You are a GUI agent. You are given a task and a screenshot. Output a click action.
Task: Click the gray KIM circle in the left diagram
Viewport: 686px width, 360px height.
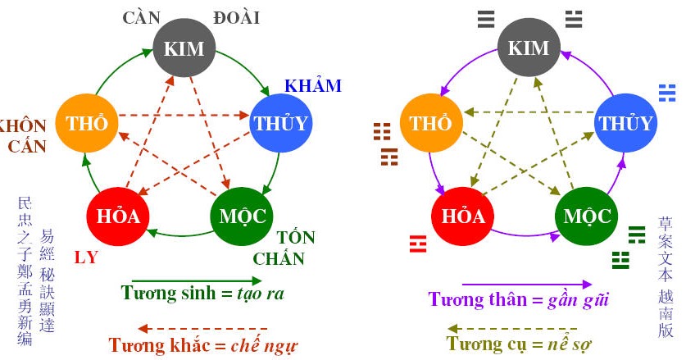pyautogui.click(x=184, y=47)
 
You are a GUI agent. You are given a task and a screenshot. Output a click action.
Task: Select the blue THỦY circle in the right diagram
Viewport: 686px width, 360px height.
pyautogui.click(x=627, y=124)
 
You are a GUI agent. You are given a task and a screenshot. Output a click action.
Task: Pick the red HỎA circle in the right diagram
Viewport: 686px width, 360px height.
pyautogui.click(x=463, y=216)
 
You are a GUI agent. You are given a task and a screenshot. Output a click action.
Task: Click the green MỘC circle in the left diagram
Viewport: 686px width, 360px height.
pyautogui.click(x=243, y=216)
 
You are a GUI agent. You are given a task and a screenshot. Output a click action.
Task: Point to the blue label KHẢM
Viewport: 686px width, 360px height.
pyautogui.click(x=312, y=86)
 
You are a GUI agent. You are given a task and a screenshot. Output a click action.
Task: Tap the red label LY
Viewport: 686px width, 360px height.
pyautogui.click(x=86, y=257)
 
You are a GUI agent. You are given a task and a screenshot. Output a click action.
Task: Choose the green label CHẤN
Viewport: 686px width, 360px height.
pyautogui.click(x=279, y=259)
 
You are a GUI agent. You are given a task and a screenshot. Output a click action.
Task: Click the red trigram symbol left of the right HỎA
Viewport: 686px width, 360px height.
pyautogui.click(x=418, y=242)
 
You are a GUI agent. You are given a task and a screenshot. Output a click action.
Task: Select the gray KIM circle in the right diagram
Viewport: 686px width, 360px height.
pyautogui.click(x=529, y=47)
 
